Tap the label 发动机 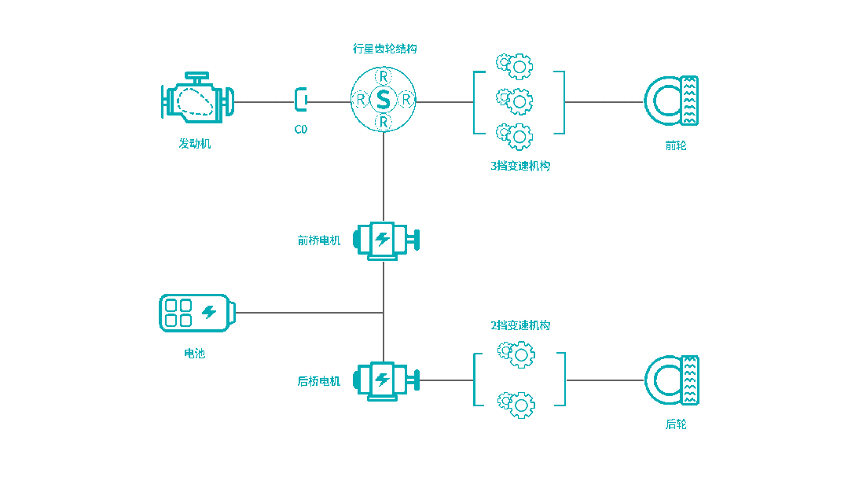[195, 144]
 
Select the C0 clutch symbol [300, 100]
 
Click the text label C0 [300, 129]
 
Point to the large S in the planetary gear [383, 100]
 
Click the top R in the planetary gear [383, 76]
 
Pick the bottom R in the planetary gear [383, 123]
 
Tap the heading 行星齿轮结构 [384, 49]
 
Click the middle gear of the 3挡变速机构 [518, 101]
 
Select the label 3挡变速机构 [520, 166]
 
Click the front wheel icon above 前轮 [672, 101]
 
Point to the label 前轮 [675, 145]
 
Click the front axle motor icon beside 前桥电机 [385, 240]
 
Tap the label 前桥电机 [319, 240]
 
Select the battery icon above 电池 [196, 313]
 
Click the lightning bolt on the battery [209, 312]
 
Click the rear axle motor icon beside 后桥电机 [385, 380]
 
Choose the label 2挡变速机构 [520, 325]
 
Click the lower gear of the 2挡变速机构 [519, 405]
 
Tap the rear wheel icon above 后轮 [672, 380]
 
